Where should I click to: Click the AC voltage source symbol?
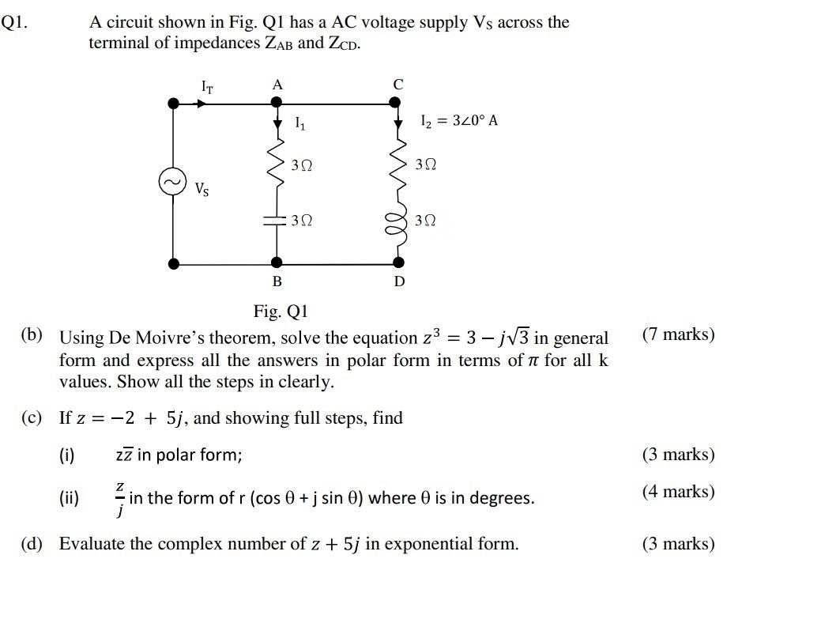point(172,182)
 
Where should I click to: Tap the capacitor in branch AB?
point(276,221)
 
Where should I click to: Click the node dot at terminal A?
point(276,102)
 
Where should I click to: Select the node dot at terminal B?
point(276,263)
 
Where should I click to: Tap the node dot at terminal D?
point(398,263)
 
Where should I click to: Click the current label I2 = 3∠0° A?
point(458,121)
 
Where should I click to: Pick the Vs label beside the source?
point(202,189)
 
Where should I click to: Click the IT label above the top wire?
point(207,86)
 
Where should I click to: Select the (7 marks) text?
point(678,334)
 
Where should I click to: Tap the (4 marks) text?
point(678,492)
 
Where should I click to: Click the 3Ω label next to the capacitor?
point(301,221)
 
